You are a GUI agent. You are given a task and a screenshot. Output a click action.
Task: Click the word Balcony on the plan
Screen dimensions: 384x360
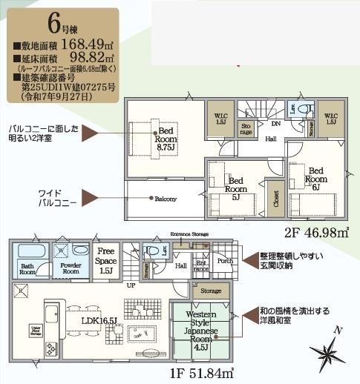pyautogui.click(x=165, y=198)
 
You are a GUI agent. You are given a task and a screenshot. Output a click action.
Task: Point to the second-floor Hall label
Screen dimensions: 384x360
pyautogui.click(x=270, y=139)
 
